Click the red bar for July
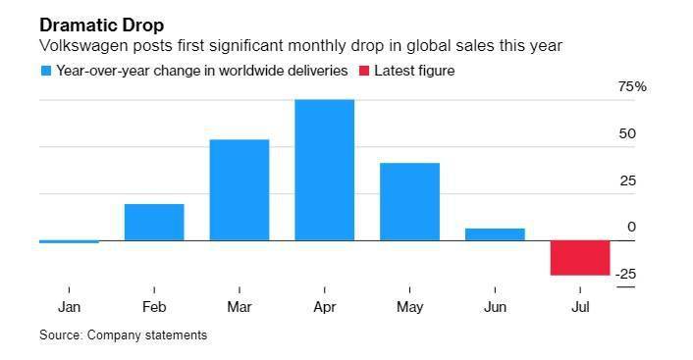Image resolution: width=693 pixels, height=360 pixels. click(580, 258)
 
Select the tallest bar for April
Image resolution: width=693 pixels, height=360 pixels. click(324, 170)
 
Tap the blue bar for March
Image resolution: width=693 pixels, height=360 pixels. click(240, 190)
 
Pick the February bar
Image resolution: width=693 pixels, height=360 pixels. click(154, 223)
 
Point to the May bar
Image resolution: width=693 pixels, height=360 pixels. click(409, 202)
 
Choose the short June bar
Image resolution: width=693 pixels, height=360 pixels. click(495, 234)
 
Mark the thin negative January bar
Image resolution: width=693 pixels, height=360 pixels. click(69, 241)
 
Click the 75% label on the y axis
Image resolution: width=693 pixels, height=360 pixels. click(632, 86)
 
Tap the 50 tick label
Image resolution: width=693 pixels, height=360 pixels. click(627, 133)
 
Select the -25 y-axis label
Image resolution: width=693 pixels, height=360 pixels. click(625, 275)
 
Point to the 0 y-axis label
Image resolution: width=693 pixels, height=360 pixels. click(631, 227)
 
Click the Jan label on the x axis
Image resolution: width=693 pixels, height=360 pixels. click(69, 307)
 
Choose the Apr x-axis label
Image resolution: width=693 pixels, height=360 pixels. click(324, 307)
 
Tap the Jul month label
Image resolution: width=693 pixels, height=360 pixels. click(580, 307)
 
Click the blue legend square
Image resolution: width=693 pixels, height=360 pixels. click(46, 71)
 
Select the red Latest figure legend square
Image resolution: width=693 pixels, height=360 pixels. click(364, 71)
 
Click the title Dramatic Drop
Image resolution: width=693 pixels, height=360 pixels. click(102, 26)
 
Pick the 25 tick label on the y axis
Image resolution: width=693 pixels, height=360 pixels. click(627, 180)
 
